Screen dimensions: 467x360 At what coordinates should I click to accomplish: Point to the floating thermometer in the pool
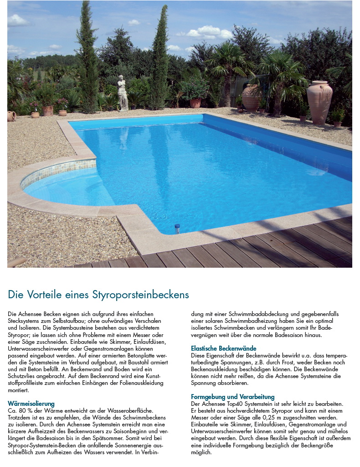pyautogui.click(x=177, y=228)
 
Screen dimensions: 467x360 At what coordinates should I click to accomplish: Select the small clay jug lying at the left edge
pyautogui.click(x=11, y=116)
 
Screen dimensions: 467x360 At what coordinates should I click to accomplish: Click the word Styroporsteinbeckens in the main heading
pyautogui.click(x=141, y=295)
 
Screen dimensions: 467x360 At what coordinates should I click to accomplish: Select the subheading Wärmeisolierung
pyautogui.click(x=31, y=404)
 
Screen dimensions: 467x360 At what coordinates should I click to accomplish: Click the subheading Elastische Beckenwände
pyautogui.click(x=223, y=348)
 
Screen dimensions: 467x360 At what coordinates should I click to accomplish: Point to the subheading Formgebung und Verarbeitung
pyautogui.click(x=232, y=397)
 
